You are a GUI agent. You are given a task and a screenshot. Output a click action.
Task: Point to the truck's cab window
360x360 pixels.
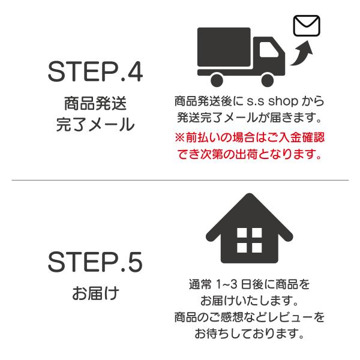coord(265,48)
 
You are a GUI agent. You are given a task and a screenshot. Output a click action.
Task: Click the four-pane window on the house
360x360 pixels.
coord(246,240)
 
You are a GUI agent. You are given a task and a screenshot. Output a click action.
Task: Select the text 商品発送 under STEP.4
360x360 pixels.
coord(95,103)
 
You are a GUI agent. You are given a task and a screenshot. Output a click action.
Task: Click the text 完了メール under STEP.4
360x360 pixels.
coord(95,126)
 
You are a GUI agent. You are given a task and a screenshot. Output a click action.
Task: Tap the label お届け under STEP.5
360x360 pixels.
coord(95,295)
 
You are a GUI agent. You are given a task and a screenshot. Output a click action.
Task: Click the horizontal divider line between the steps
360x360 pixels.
coord(180,180)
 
